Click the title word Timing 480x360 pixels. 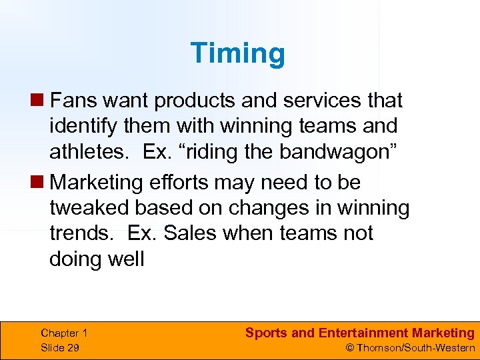tap(237, 53)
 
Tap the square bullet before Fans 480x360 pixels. tap(41, 101)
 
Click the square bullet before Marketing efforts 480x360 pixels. tap(41, 182)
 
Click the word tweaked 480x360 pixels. tap(89, 207)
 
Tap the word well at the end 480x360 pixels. tap(127, 259)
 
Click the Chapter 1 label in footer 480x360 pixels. tap(64, 333)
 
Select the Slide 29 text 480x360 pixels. tap(60, 347)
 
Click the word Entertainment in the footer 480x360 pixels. tap(363, 333)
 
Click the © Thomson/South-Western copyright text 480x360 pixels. tap(409, 347)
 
